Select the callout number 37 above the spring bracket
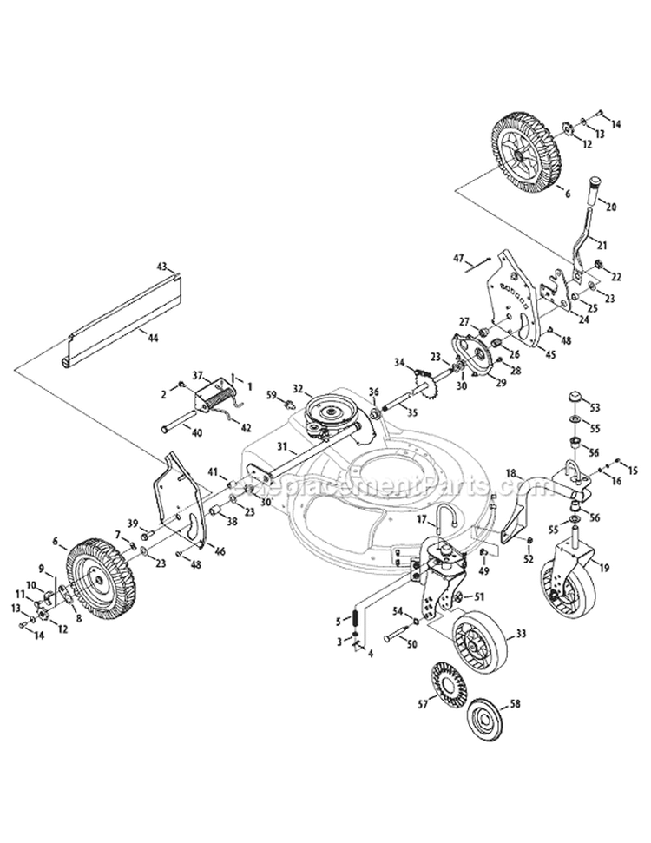[x=197, y=375]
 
